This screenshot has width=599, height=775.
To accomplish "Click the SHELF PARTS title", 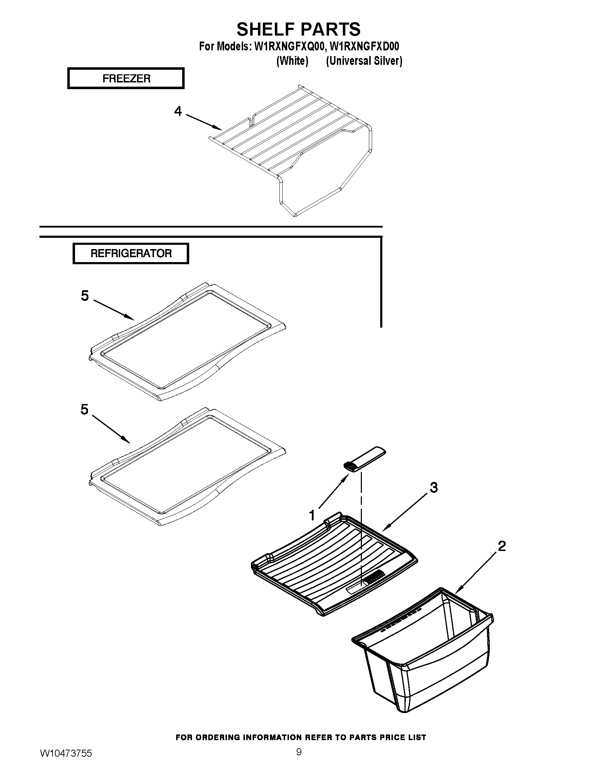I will pyautogui.click(x=298, y=29).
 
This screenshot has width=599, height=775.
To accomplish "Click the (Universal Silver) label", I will pyautogui.click(x=364, y=61).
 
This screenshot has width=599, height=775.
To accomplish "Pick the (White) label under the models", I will pyautogui.click(x=292, y=61).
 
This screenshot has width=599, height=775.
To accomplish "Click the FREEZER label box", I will pyautogui.click(x=126, y=78).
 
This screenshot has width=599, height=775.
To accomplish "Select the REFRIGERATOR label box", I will pyautogui.click(x=131, y=253).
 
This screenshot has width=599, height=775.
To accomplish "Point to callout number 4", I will pyautogui.click(x=178, y=111).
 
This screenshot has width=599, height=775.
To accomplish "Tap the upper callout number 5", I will pyautogui.click(x=85, y=296).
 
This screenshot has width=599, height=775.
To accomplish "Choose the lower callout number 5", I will pyautogui.click(x=84, y=409).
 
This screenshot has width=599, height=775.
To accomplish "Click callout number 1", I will pyautogui.click(x=312, y=515).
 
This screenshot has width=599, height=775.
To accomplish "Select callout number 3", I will pyautogui.click(x=434, y=488).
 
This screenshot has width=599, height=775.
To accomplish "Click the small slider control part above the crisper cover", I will pyautogui.click(x=364, y=459).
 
